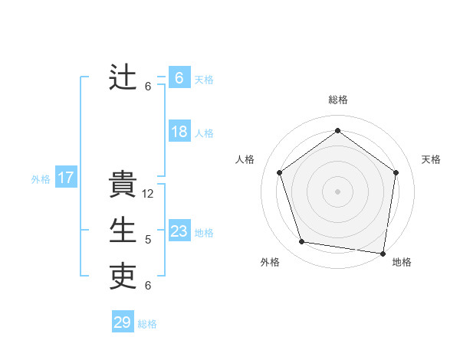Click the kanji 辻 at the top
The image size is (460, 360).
123,77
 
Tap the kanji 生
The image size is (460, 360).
123,231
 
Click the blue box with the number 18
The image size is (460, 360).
179,132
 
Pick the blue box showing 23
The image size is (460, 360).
179,231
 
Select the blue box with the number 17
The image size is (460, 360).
66,178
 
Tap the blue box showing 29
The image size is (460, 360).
123,322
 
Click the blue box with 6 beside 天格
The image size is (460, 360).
179,78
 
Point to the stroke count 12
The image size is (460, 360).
148,194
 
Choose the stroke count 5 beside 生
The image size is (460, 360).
148,240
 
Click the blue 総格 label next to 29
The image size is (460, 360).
147,324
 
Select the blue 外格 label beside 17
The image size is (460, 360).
41,179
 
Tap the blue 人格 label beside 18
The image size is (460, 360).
204,133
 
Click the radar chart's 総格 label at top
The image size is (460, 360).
337,100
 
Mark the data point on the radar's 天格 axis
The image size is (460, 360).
396,172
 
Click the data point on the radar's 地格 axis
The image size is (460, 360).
383,253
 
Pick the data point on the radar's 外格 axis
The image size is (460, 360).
302,242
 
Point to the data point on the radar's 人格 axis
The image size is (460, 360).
279,172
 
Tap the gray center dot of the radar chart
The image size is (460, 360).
337,191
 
